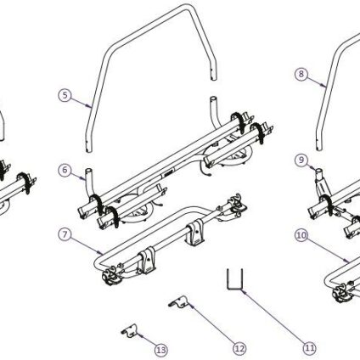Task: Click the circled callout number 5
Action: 65,95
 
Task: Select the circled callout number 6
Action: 65,170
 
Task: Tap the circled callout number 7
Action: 65,235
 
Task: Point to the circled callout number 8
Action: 301,74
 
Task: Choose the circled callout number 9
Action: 301,160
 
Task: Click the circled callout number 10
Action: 301,235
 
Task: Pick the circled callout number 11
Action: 309,347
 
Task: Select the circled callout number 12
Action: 239,348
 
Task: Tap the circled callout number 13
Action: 161,351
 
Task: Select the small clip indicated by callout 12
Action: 180,301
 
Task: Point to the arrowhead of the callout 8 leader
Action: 324,85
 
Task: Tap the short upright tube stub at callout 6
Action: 88,181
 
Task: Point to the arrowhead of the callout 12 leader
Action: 191,306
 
